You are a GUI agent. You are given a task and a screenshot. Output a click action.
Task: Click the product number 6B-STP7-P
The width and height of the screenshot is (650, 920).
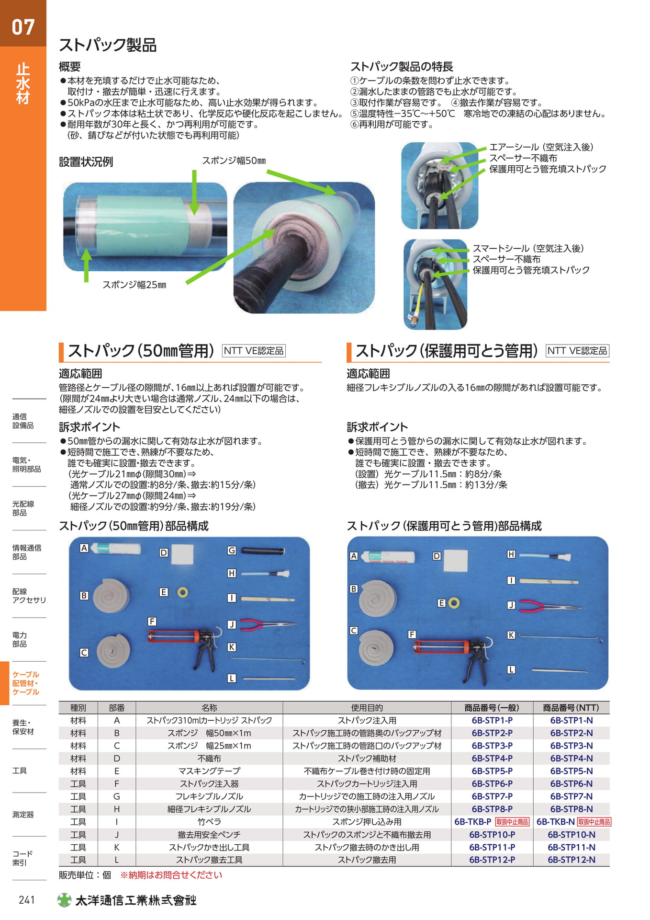(x=492, y=796)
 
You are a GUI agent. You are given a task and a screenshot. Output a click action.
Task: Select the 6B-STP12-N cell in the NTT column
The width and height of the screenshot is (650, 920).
(x=572, y=860)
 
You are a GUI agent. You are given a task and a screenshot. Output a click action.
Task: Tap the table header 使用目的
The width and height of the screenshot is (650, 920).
(x=367, y=708)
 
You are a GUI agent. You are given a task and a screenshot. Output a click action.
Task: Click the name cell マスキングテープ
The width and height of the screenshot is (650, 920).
(x=209, y=771)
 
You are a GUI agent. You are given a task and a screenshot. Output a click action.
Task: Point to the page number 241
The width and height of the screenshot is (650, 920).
(x=27, y=900)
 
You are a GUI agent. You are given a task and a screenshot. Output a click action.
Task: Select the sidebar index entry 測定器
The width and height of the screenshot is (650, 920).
(x=23, y=815)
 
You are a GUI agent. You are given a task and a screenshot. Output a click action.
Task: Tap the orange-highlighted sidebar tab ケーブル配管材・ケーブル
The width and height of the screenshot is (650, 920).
(x=26, y=683)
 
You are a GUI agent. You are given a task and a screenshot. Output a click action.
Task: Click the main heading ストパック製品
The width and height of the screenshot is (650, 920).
(x=108, y=45)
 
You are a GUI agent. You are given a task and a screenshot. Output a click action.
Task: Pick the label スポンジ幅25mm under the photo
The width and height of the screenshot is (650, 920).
(x=134, y=285)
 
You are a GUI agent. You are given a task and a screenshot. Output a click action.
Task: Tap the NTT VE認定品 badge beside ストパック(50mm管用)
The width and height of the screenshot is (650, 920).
(x=254, y=351)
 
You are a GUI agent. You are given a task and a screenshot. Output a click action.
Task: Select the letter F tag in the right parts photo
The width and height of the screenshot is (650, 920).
(x=412, y=634)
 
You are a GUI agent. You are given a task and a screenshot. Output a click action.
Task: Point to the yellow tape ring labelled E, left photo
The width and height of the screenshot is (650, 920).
(x=182, y=592)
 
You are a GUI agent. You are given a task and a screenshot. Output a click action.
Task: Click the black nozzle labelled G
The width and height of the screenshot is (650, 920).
(x=263, y=551)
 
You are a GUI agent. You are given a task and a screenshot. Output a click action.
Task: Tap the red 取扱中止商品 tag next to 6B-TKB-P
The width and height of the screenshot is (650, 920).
(x=512, y=822)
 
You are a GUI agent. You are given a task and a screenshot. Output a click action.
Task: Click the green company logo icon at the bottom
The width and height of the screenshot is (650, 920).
(x=64, y=900)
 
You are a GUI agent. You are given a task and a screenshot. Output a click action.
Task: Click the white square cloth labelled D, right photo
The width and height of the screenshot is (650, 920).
(x=456, y=561)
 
